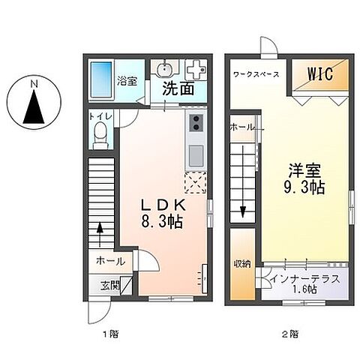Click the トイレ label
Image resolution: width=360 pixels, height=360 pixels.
[x=99, y=117]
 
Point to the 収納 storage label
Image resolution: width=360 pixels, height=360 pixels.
[x=241, y=263]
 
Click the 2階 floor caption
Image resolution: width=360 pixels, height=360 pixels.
[x=290, y=333]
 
